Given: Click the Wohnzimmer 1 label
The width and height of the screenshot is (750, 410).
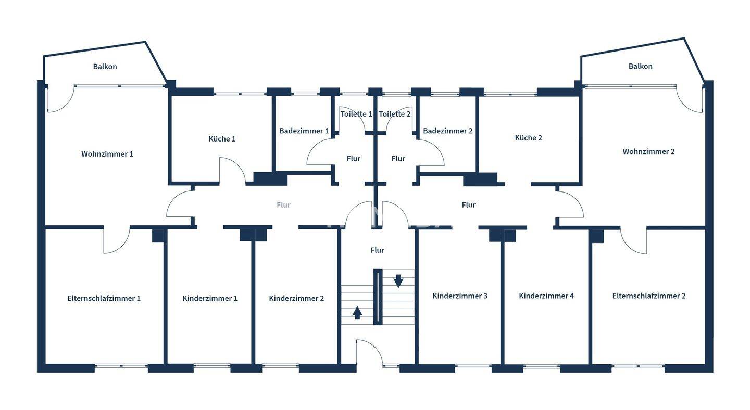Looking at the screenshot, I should (x=107, y=154).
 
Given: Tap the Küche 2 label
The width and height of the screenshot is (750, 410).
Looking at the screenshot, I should (x=528, y=138).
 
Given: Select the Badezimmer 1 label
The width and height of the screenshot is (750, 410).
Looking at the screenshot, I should (x=304, y=131).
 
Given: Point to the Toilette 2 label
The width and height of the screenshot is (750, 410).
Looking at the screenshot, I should (x=394, y=114).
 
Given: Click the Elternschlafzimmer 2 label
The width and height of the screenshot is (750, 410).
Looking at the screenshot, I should (x=648, y=296).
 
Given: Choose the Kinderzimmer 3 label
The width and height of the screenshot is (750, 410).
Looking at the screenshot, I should (x=460, y=296).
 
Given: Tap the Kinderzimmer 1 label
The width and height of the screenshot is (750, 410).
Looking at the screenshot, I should (x=210, y=298).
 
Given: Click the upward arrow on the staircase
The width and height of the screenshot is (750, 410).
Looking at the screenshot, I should (x=357, y=312).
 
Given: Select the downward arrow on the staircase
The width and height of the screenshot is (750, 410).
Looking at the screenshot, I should (x=398, y=281).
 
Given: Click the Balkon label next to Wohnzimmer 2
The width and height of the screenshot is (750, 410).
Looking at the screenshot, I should (x=640, y=66).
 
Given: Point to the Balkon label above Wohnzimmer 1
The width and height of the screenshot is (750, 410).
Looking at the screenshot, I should (x=105, y=67).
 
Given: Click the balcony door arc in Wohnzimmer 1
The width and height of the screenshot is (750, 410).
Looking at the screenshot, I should (x=59, y=101).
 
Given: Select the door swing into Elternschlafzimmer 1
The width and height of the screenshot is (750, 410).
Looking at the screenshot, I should (x=117, y=241).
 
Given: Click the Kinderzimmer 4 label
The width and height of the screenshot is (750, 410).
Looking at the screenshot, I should (x=546, y=296).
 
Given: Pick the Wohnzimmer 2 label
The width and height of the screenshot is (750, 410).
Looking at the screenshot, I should (x=648, y=151).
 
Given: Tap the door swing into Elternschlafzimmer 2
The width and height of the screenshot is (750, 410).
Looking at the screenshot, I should (x=633, y=241).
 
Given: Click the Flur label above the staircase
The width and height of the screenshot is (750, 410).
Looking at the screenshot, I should (x=377, y=250).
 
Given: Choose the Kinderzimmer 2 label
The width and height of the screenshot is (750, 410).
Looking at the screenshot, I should (x=296, y=298).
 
